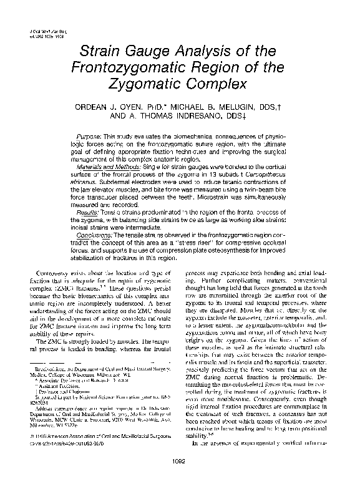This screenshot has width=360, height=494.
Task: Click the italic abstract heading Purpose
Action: [x=89, y=136]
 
